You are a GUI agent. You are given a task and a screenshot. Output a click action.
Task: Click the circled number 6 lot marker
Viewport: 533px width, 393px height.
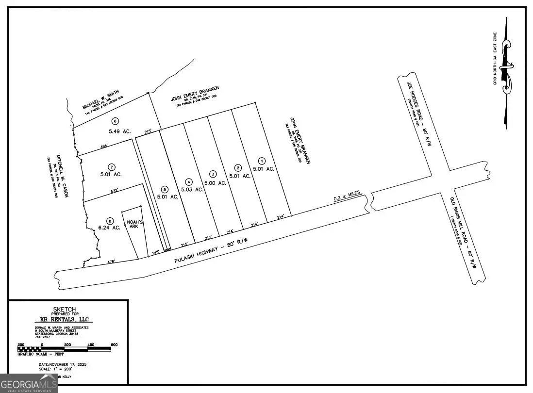click(115, 121)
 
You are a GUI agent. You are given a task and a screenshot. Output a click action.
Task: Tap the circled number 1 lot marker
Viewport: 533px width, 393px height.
click(262, 161)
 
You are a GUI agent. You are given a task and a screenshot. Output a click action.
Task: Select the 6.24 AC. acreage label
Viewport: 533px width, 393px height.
click(109, 228)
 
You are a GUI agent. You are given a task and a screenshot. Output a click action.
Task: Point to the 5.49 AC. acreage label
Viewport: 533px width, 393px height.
click(115, 131)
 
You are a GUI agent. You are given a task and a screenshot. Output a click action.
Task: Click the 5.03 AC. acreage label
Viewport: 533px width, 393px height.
click(192, 189)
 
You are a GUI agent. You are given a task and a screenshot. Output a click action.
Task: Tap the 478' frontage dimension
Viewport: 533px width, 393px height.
click(111, 262)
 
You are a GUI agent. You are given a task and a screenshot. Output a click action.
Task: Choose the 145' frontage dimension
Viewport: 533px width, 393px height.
click(155, 253)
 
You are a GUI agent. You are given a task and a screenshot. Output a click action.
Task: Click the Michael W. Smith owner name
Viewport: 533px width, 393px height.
click(101, 99)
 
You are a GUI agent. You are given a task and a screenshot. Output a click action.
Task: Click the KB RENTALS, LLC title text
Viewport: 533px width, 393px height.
click(65, 319)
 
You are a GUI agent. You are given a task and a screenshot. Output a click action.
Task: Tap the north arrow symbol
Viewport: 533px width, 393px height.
click(507, 73)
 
